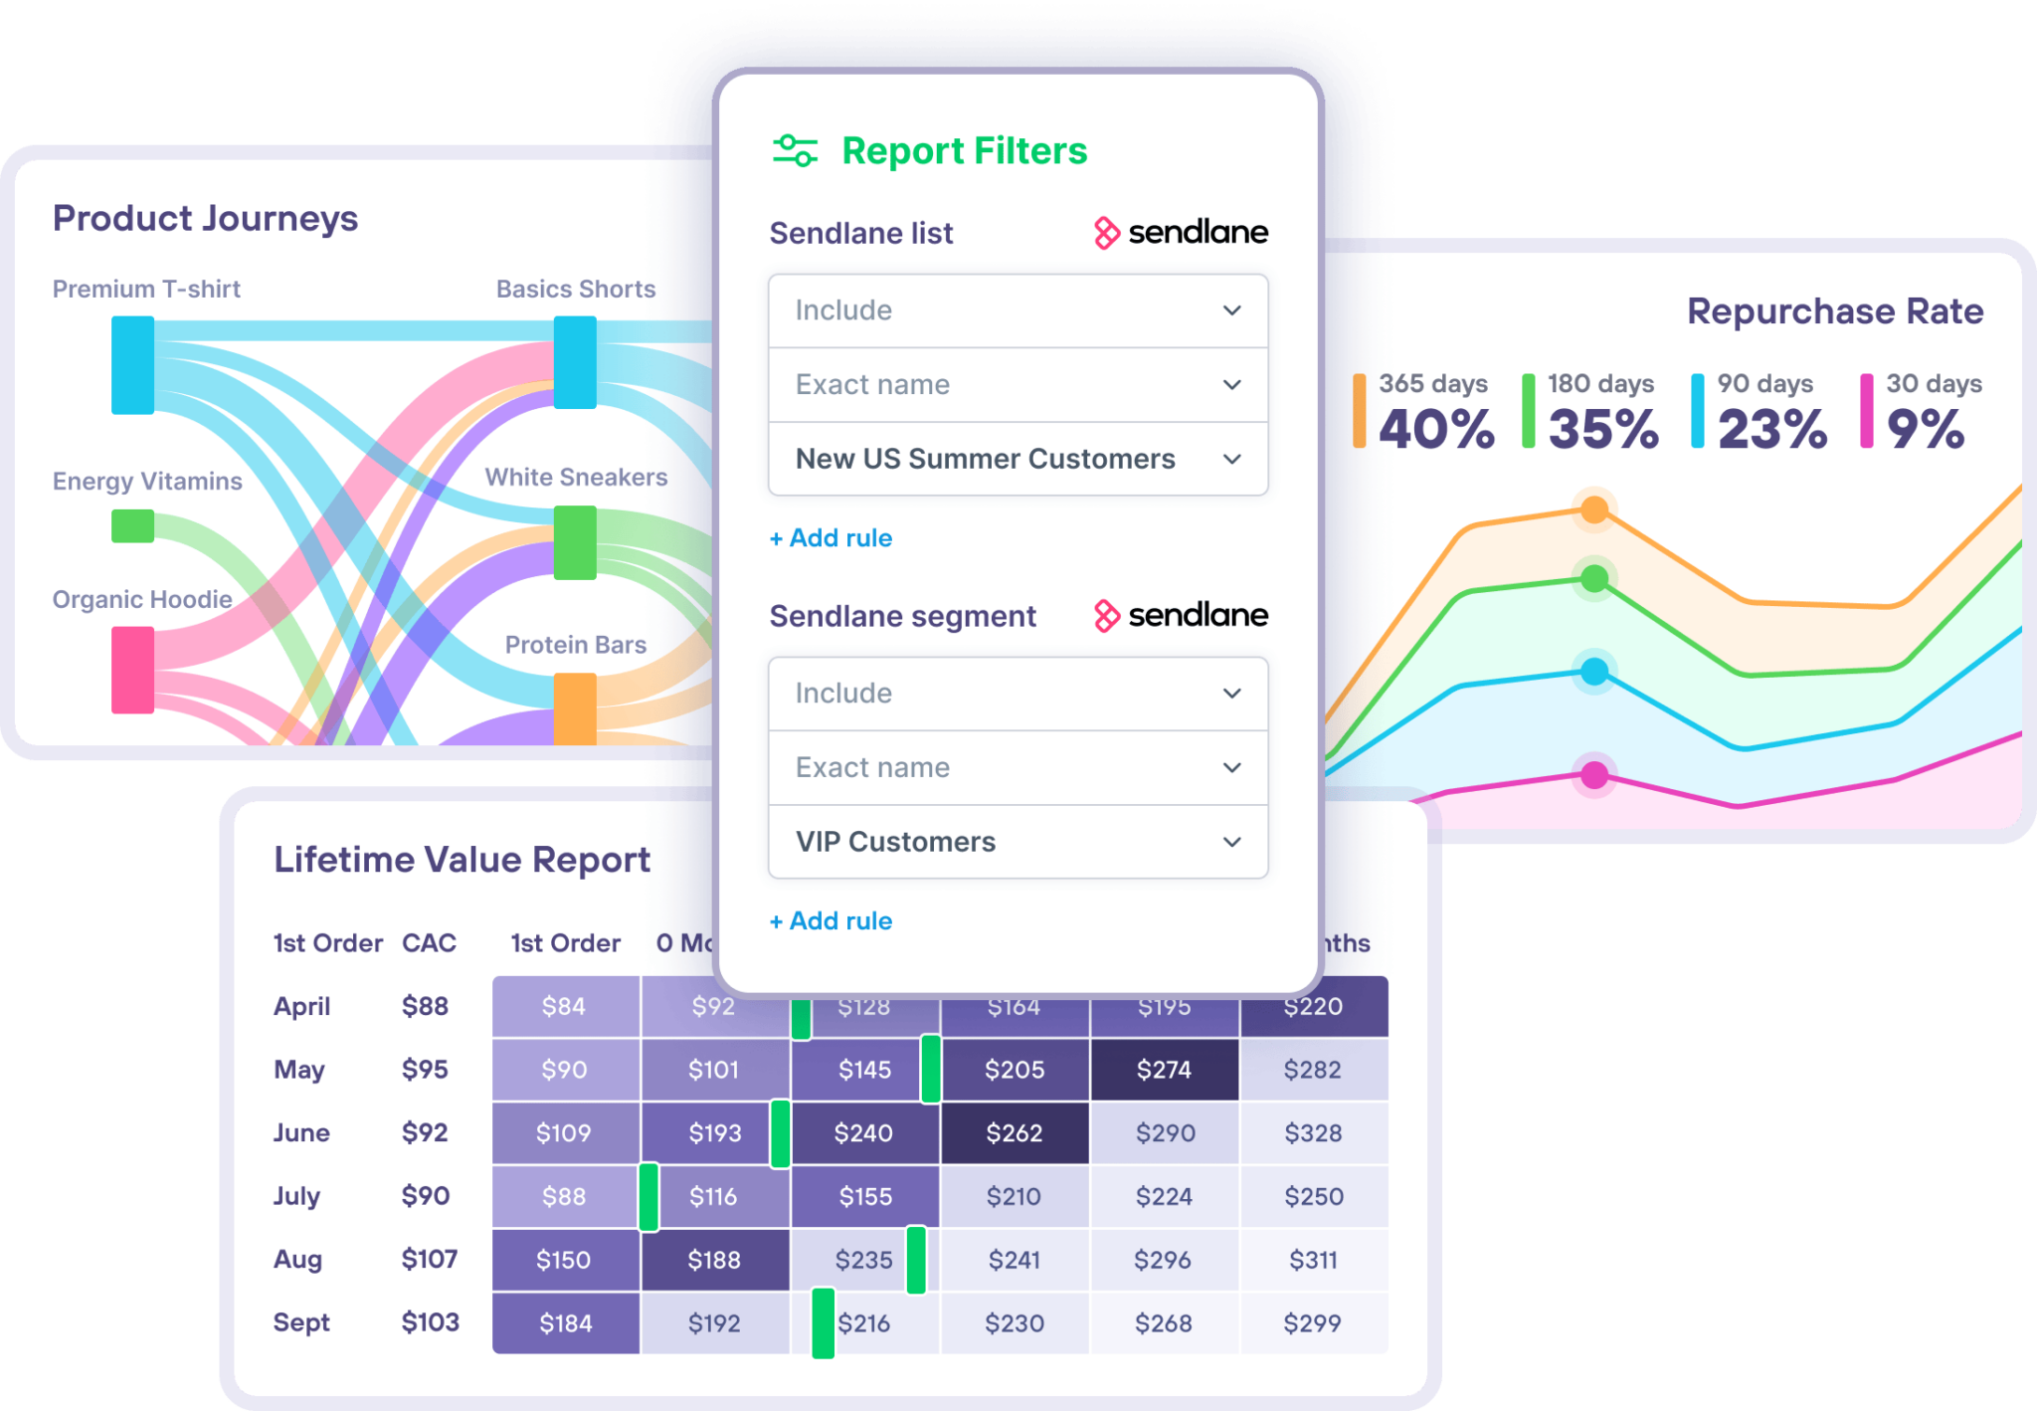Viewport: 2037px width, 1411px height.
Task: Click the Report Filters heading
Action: click(x=963, y=151)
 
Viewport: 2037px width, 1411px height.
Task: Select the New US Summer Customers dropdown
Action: click(x=1018, y=459)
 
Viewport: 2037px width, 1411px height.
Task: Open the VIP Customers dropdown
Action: click(x=1018, y=842)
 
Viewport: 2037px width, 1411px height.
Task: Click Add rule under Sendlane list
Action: click(x=832, y=538)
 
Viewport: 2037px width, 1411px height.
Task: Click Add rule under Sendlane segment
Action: click(x=832, y=921)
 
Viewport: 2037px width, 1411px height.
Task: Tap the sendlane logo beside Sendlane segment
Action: click(x=1181, y=616)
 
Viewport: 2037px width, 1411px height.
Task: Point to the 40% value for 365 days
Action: click(x=1435, y=430)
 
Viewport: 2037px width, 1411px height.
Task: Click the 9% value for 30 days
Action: click(x=1926, y=430)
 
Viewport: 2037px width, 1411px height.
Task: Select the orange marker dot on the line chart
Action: click(x=1594, y=510)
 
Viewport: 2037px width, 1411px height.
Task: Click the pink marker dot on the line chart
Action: click(x=1594, y=775)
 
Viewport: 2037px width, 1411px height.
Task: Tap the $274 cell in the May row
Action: click(x=1164, y=1070)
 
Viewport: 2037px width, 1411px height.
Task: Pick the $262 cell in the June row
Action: click(x=1014, y=1133)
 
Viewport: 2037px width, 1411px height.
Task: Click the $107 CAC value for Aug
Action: click(x=429, y=1259)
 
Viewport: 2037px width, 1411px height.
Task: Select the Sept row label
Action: click(x=301, y=1322)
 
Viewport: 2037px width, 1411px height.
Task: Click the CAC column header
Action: click(x=429, y=943)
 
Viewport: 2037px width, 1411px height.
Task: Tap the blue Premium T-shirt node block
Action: click(x=132, y=365)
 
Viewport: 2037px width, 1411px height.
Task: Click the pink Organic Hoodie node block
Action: click(x=132, y=670)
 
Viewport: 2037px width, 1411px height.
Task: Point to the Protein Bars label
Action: click(x=575, y=645)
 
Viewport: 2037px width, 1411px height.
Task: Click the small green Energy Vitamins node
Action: click(x=132, y=525)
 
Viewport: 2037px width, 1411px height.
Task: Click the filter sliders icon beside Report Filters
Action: click(x=795, y=151)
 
